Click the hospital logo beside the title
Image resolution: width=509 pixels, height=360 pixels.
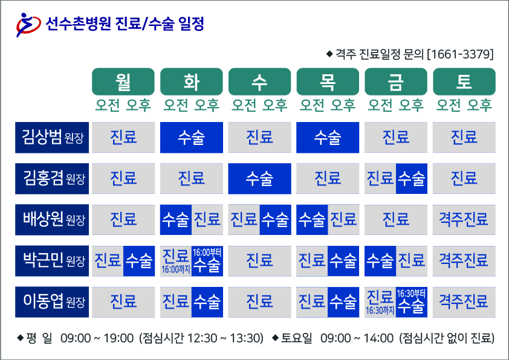pos(28,25)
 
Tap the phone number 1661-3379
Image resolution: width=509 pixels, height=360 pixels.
pos(460,54)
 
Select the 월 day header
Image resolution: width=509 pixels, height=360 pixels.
pos(123,82)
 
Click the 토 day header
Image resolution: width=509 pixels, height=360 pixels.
pos(464,82)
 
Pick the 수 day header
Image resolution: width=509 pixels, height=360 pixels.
pos(260,82)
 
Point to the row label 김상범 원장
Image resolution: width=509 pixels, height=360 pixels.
pos(52,137)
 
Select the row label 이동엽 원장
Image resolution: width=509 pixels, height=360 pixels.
pos(52,301)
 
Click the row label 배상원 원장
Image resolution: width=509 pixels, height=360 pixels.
pos(52,220)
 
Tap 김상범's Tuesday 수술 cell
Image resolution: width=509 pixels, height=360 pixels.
pos(192,137)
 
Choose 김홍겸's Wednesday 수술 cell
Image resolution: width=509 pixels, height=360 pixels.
pos(260,178)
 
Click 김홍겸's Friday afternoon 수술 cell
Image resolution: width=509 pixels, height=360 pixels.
pos(412,178)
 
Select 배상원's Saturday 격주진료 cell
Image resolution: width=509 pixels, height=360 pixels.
pos(464,220)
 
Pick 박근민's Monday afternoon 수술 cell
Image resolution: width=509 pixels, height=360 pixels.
pos(139,261)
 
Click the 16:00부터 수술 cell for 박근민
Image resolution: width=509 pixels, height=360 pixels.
pos(207,261)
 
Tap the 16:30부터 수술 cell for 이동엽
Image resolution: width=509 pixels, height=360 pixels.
pos(412,301)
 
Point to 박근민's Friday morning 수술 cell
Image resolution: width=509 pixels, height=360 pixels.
pos(380,261)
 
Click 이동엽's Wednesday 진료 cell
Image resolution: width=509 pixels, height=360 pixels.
pos(260,301)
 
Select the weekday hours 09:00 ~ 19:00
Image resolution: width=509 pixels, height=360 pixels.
pos(97,338)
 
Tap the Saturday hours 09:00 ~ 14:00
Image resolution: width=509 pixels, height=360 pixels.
pos(357,338)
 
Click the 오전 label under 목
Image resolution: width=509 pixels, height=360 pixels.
pos(312,105)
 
